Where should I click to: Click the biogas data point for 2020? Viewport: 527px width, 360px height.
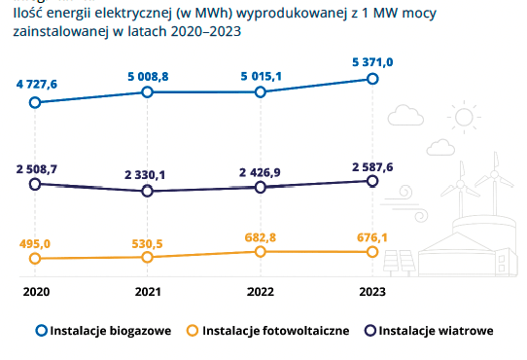tap(35, 102)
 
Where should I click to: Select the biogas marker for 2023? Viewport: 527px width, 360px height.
tap(371, 79)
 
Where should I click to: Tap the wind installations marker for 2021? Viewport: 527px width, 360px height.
tap(147, 192)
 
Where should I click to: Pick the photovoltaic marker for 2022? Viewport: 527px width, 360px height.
tap(260, 252)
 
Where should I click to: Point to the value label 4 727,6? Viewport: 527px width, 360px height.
tap(36, 85)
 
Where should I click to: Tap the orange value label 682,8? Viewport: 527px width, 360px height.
tap(260, 236)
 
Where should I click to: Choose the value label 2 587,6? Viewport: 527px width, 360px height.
tap(371, 167)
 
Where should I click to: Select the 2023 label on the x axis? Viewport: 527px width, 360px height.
tap(371, 291)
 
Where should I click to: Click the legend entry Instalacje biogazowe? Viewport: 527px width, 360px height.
tap(104, 331)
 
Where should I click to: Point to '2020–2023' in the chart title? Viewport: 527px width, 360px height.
tap(209, 31)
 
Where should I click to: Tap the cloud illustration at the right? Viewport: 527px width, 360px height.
tap(401, 114)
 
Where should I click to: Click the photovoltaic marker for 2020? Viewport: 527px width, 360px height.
tap(35, 259)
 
